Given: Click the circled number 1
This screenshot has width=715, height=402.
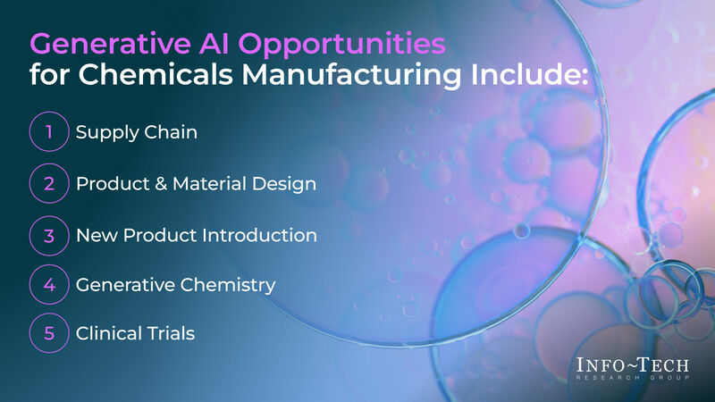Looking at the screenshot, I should pos(49,132).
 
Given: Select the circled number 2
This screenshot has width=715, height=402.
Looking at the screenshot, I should pos(49,183).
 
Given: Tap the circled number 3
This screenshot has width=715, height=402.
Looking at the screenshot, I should pos(49,235).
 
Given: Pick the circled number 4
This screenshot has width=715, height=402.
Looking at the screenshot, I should pos(49,285).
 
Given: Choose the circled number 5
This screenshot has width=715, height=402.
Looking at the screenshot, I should pos(49,334).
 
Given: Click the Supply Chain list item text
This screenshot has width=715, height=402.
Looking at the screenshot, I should pos(136,132).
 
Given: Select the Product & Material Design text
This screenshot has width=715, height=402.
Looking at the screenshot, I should pos(196,183).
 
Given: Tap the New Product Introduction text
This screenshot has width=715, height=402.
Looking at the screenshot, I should pos(196,236).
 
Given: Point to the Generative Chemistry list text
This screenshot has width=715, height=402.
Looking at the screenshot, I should pos(175,286).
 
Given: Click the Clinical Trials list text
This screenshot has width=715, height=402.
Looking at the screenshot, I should pos(135,334).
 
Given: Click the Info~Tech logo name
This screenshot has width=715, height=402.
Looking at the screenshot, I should pos(633,365).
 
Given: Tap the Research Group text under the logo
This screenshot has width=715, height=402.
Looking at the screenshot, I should pos(633,380).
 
